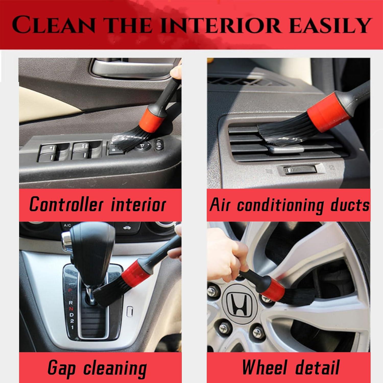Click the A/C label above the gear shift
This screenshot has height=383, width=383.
[67, 225]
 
